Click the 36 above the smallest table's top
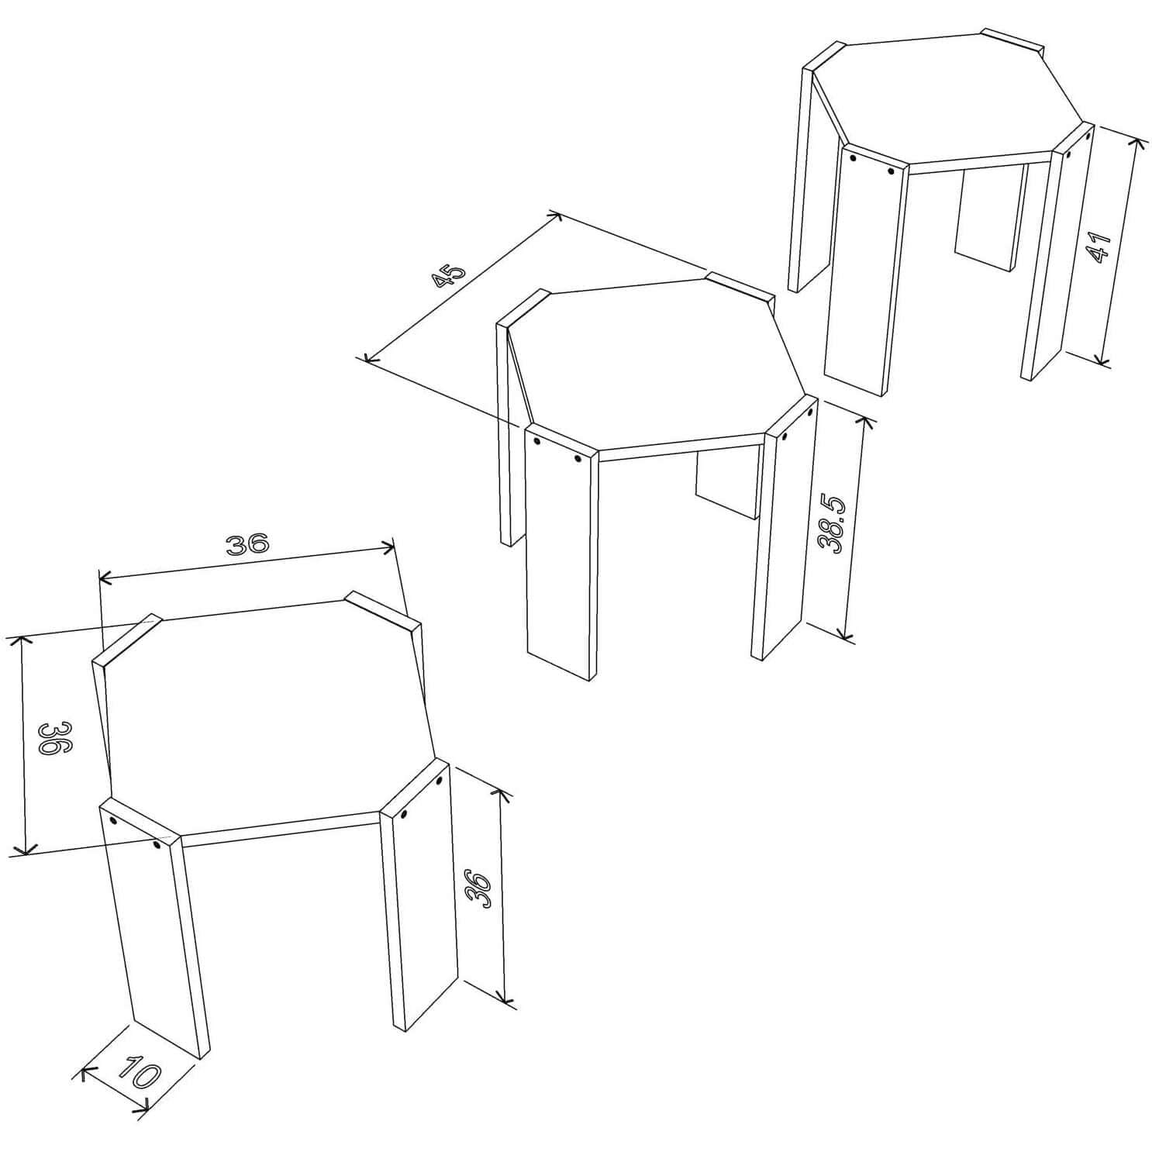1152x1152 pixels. coord(247,544)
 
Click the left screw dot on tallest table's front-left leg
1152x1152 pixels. coord(853,157)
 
